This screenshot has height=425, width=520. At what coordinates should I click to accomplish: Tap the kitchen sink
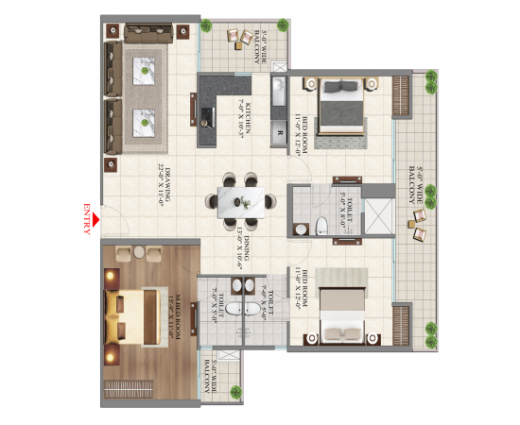(x=279, y=95)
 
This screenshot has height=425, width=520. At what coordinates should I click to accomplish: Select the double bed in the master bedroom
(x=137, y=313)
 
